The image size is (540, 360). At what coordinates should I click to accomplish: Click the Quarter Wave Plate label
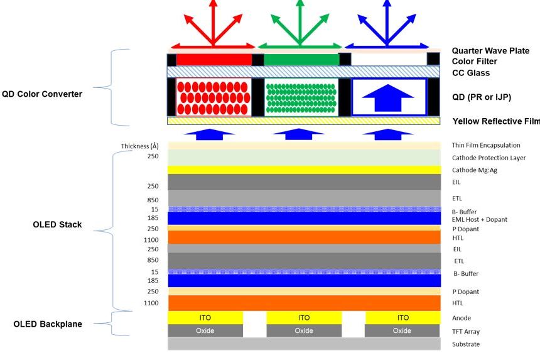point(490,51)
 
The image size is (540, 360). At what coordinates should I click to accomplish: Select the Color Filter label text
point(474,62)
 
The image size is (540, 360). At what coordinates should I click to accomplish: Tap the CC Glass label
point(470,73)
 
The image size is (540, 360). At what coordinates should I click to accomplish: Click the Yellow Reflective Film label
point(495,121)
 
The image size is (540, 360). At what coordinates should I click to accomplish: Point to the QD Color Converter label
point(41,94)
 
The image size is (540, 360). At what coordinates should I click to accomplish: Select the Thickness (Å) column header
point(139,146)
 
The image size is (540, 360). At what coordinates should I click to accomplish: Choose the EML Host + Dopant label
point(479,219)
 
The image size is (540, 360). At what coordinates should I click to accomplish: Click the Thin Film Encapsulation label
point(486,146)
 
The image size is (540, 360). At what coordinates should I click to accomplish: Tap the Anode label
point(462,318)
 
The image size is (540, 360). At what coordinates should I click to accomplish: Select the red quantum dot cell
point(213,97)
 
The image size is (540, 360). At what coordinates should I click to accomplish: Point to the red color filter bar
point(213,60)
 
